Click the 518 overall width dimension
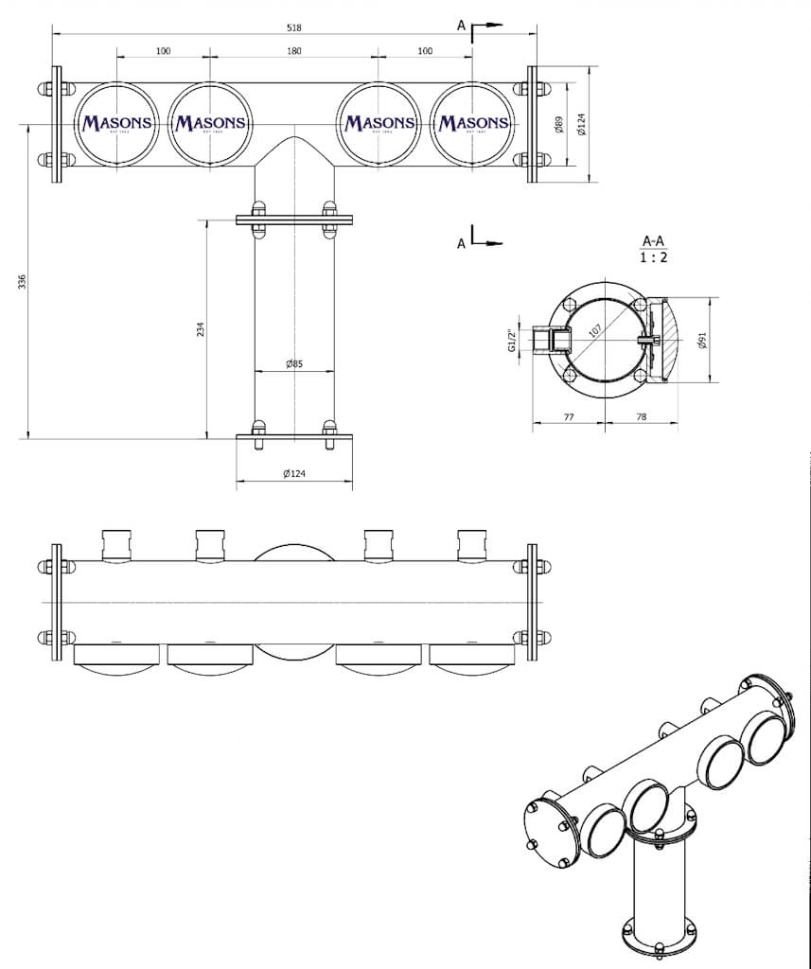tap(294, 26)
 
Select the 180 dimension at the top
tap(294, 50)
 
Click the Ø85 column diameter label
tap(293, 363)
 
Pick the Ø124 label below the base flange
tap(293, 474)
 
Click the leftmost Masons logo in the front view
tap(117, 123)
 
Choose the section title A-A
tap(652, 241)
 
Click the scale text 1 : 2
tap(652, 257)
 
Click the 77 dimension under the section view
tap(569, 416)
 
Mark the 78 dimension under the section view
tap(642, 416)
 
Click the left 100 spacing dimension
tap(163, 50)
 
